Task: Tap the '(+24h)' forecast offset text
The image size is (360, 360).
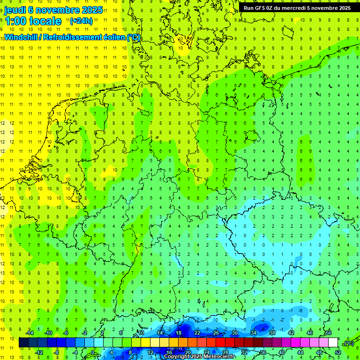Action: [81, 21]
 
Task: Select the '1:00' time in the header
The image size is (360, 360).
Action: [15, 21]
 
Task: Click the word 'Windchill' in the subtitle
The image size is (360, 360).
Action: [22, 37]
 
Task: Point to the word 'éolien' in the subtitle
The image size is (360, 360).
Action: [113, 37]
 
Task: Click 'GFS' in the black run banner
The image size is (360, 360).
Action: [261, 8]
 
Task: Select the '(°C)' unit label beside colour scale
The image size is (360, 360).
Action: [349, 343]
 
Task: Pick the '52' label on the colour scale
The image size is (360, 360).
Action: [338, 352]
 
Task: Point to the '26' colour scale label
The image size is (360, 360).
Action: [216, 333]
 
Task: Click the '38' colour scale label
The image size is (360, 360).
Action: [272, 333]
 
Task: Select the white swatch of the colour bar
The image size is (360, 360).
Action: [333, 343]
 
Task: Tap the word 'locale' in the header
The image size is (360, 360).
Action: [45, 21]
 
